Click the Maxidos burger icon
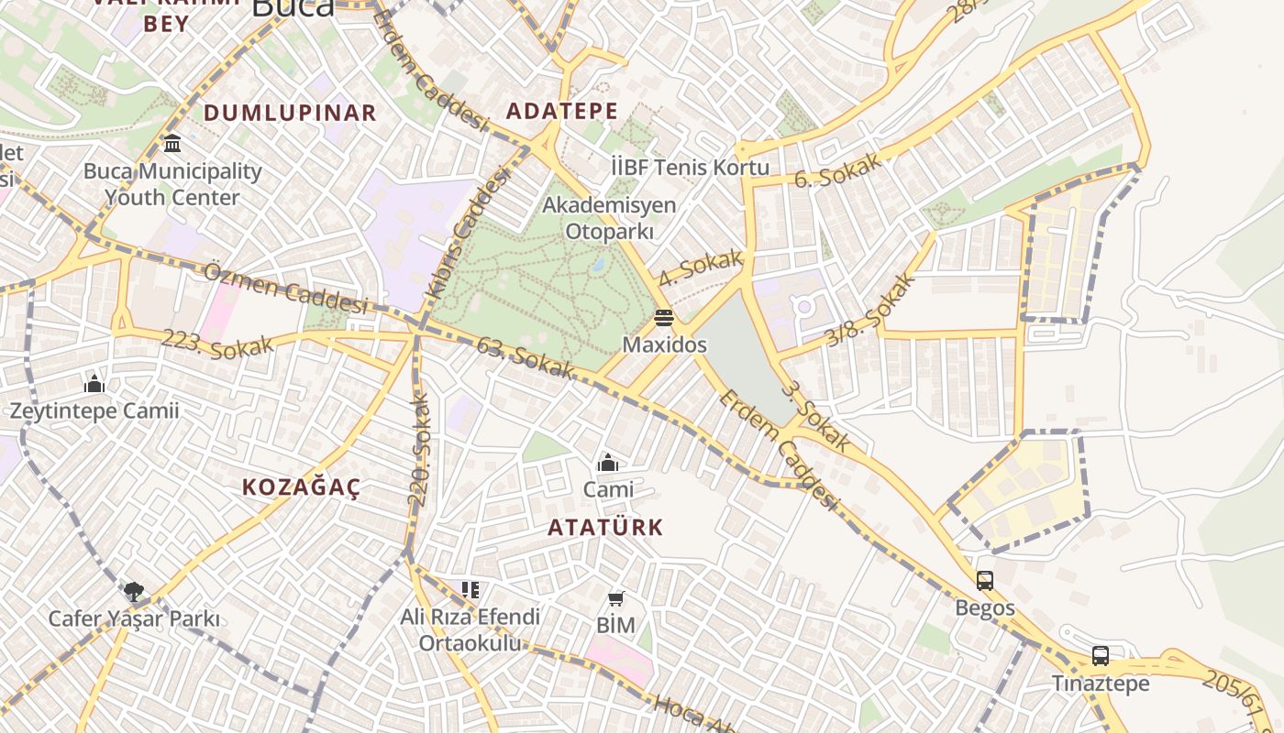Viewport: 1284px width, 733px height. tap(664, 318)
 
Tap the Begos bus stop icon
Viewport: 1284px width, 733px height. tap(985, 581)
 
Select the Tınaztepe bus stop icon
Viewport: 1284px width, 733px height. tap(1100, 656)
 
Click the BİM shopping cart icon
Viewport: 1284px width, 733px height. tap(616, 598)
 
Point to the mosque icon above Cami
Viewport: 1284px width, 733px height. tap(607, 463)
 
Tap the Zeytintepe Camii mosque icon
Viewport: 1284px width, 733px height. tap(94, 384)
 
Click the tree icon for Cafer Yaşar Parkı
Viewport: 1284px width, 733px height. tap(134, 591)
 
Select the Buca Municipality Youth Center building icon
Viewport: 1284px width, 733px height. tap(172, 144)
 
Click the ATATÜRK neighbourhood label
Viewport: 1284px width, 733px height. tap(605, 528)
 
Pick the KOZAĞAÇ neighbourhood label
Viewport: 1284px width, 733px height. tap(301, 487)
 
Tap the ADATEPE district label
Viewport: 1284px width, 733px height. tap(562, 112)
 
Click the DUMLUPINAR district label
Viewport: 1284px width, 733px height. tap(290, 113)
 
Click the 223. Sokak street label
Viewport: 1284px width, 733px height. tap(217, 345)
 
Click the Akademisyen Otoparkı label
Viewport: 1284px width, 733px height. tap(609, 218)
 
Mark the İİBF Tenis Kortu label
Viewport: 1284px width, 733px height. tap(690, 168)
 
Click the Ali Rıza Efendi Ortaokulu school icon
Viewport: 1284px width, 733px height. tap(470, 590)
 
